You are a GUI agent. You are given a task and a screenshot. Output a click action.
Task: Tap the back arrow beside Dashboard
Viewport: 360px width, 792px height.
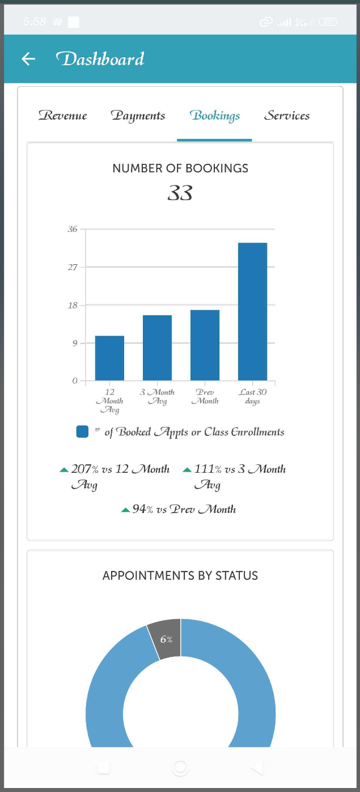point(28,59)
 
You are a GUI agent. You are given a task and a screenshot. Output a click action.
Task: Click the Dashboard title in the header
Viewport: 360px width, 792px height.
point(100,59)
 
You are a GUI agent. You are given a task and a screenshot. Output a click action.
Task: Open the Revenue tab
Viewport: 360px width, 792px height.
point(63,116)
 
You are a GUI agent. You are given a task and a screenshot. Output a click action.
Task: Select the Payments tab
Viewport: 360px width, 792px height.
point(138,116)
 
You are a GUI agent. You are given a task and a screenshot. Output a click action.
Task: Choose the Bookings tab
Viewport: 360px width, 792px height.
point(215,116)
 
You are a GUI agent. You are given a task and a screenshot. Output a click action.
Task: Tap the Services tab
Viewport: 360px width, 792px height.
point(287,116)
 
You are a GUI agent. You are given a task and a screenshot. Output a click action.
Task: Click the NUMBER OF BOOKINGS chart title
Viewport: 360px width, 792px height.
point(180,168)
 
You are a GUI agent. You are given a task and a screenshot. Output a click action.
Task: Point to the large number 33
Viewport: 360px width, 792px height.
point(180,194)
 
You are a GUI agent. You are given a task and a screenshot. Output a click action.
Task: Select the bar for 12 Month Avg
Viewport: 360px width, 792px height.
point(109,358)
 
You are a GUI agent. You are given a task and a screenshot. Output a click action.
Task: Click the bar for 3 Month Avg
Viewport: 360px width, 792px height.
point(157,348)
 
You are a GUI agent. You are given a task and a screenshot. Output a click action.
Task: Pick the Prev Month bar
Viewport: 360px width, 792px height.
point(205,345)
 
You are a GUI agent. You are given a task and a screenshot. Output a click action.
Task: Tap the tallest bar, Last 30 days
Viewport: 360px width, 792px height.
point(252,312)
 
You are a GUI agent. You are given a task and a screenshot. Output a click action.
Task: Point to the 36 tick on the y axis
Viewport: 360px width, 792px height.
point(72,230)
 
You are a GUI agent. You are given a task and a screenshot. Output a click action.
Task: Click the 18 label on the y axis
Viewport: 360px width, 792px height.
point(72,306)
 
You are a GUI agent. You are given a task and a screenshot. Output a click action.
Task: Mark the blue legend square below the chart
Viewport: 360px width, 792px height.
point(82,432)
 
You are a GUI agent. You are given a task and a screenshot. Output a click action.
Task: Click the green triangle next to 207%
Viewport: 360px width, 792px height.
point(64,470)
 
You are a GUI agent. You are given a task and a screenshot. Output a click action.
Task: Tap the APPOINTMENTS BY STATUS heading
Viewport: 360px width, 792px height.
point(180,576)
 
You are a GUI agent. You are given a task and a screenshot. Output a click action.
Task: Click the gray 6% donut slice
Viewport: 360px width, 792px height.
point(166,639)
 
